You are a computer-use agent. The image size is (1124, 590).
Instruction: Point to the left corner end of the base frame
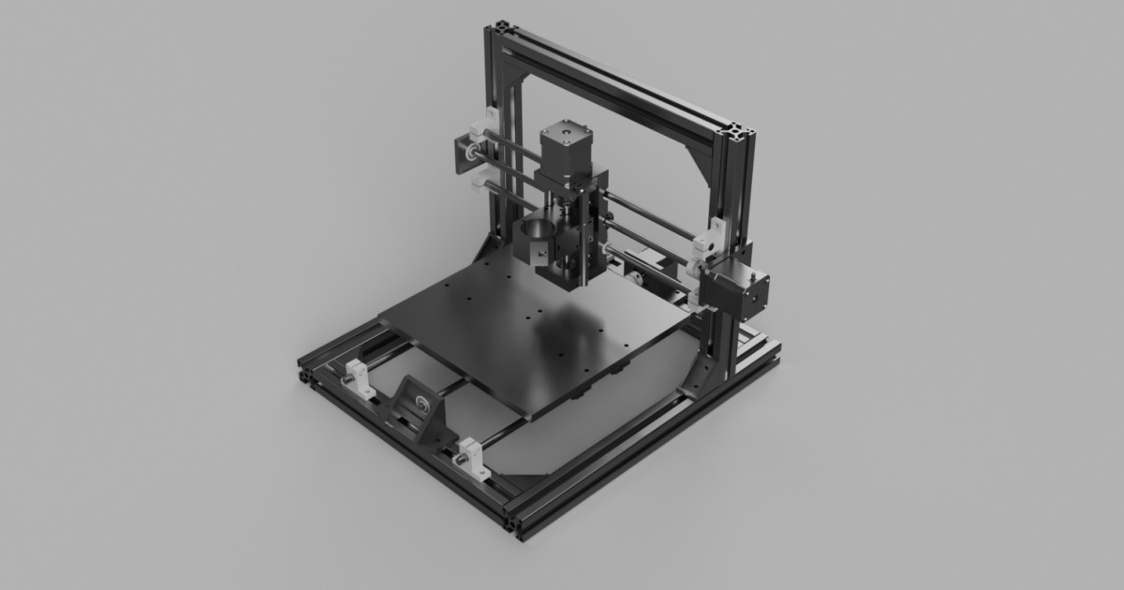[306, 365]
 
